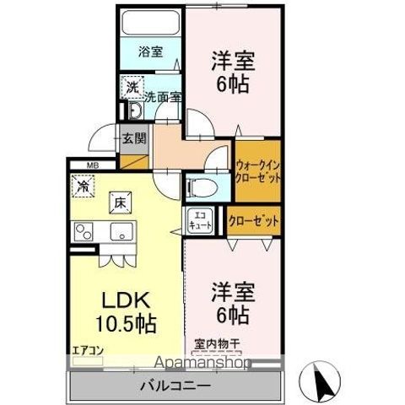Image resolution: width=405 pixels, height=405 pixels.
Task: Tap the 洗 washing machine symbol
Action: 132,87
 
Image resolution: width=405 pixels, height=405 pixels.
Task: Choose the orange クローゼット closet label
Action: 254,219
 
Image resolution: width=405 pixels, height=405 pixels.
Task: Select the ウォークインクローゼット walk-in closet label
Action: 257,173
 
